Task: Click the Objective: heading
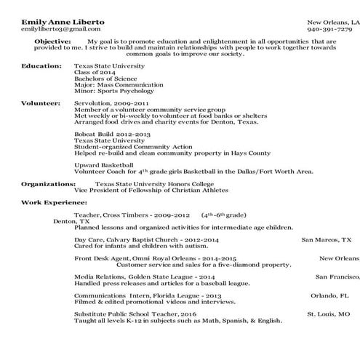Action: [x=54, y=41]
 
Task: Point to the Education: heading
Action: [x=42, y=65]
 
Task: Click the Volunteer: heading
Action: [x=41, y=103]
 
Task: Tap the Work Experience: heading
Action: [x=51, y=201]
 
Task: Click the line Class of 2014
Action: [x=95, y=72]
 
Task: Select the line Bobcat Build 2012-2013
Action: [x=108, y=134]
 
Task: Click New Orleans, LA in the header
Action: [x=332, y=22]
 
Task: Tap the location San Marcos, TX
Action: [x=326, y=238]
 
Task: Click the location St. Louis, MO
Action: [x=327, y=314]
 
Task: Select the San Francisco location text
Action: [x=337, y=276]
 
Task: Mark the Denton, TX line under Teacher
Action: [x=71, y=222]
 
